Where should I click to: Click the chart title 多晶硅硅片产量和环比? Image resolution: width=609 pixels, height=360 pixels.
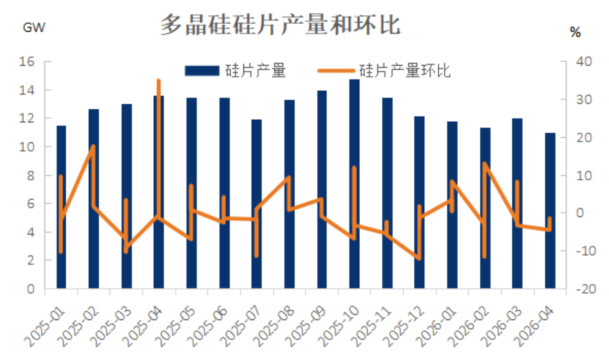pos(280,25)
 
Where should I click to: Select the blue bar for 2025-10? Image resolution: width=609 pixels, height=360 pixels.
pos(354,184)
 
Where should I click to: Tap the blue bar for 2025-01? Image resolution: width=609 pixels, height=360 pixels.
pos(61,206)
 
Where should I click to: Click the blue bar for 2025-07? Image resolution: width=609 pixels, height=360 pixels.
pos(256,204)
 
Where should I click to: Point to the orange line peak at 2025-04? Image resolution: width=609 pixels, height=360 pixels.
pos(158,81)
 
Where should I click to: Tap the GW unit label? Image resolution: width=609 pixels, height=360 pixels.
pos(34,28)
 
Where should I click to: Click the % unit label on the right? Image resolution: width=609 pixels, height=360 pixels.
pos(576,32)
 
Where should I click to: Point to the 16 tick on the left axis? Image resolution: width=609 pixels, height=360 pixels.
pos(26,62)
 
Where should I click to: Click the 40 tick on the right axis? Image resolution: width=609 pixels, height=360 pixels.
pos(583,62)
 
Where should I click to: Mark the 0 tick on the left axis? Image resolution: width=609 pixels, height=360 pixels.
pos(30,289)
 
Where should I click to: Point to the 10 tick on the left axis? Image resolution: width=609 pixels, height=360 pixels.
pos(26,147)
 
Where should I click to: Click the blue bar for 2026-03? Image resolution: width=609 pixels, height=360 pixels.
pos(517,204)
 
